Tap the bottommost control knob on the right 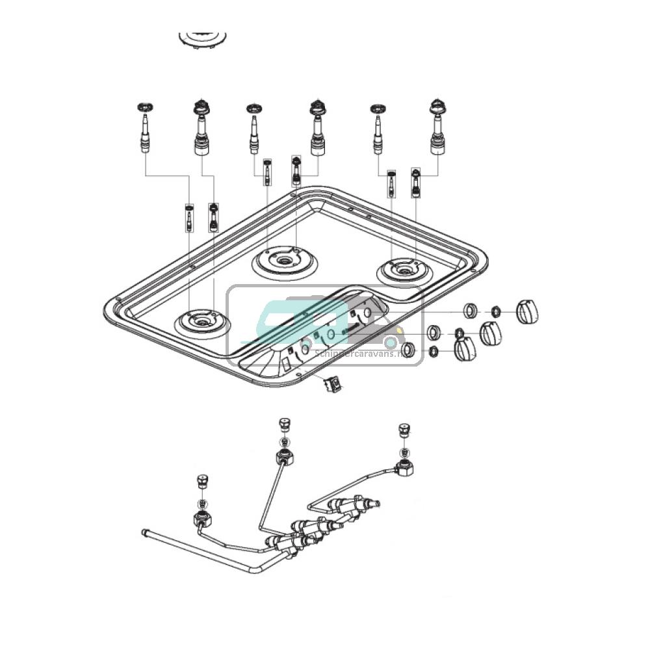pyautogui.click(x=465, y=351)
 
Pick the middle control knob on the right pyautogui.click(x=491, y=333)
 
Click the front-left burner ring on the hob pyautogui.click(x=201, y=322)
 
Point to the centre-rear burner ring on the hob pyautogui.click(x=285, y=261)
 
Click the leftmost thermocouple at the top pyautogui.click(x=143, y=130)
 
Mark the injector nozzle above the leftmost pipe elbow pyautogui.click(x=201, y=482)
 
